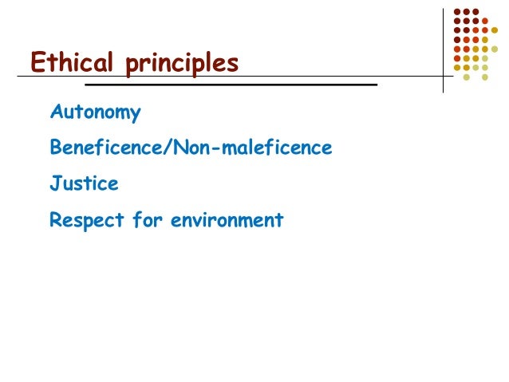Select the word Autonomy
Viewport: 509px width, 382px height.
[x=95, y=113]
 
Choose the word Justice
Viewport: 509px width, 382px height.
[x=84, y=184]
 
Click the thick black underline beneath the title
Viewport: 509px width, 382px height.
[x=231, y=84]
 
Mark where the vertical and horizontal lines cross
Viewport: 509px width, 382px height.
[x=444, y=77]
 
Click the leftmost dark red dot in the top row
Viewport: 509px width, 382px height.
[x=457, y=12]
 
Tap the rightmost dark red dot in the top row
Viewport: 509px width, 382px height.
[x=476, y=12]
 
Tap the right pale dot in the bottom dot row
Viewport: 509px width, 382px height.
[x=485, y=77]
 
